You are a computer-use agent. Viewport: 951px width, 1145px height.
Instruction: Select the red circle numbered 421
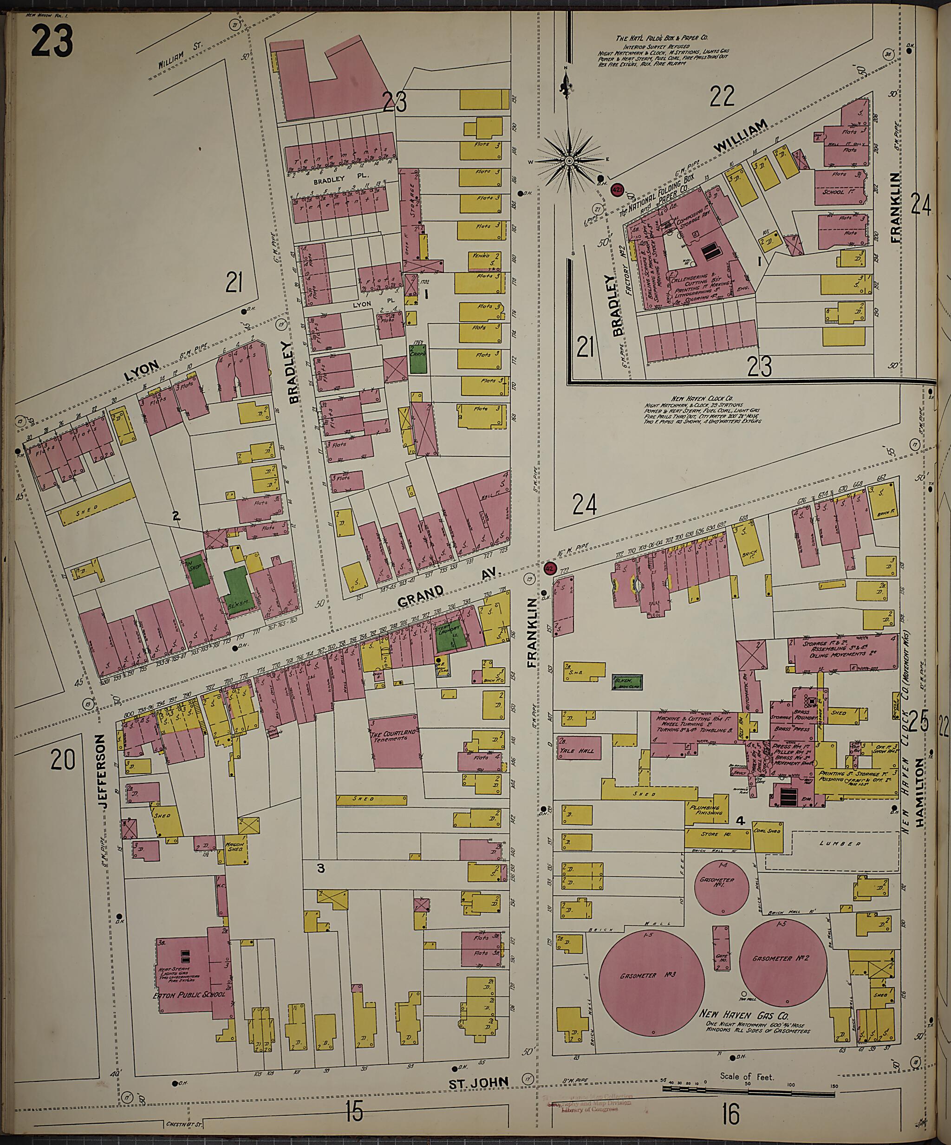pyautogui.click(x=617, y=190)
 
